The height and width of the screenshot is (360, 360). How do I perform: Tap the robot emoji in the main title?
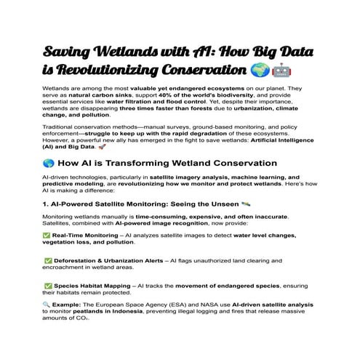[281, 71]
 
